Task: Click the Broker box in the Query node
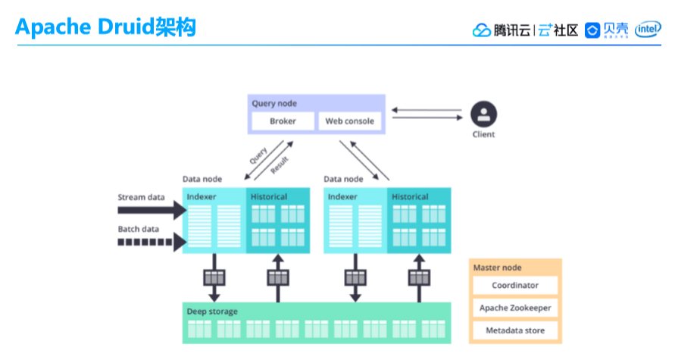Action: pos(283,121)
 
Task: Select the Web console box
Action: pos(349,121)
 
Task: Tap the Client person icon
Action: pos(483,115)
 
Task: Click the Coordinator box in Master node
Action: pos(515,286)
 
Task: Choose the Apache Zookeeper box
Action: pos(515,308)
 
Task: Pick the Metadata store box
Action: pos(515,331)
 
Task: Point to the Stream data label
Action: pos(141,198)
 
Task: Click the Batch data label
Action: pos(139,230)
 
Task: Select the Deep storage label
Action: pos(212,311)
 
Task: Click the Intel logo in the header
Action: pos(648,30)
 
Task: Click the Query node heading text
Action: pos(274,103)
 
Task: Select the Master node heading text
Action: pos(497,268)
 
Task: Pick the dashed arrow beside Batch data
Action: pos(152,243)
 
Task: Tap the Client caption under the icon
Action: pos(483,135)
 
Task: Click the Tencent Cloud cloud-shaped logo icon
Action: pos(482,30)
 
